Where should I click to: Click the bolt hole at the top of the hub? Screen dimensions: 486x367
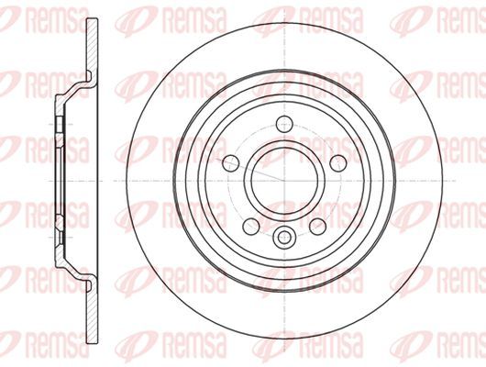point(284,124)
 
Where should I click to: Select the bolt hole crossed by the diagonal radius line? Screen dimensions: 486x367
point(231,163)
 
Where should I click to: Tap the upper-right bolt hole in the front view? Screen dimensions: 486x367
point(337,163)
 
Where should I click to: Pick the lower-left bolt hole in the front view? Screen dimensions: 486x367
point(251,226)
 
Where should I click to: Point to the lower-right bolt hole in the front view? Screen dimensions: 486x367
point(318,226)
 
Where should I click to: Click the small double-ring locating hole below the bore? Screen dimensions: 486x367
point(284,238)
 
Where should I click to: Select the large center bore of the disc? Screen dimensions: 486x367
point(284,180)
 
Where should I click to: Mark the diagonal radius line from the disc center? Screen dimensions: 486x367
point(251,171)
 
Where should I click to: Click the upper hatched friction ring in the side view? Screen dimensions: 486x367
point(92,46)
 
